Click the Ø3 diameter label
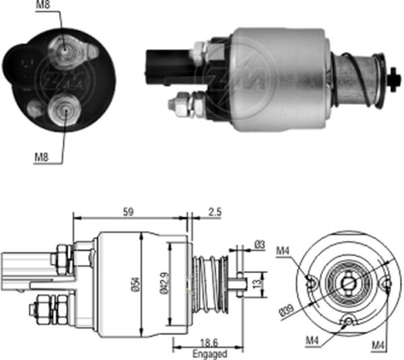coord(259,246)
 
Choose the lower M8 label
coord(42,159)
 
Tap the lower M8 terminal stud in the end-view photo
coord(64,110)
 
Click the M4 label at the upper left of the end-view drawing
coord(283,252)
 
